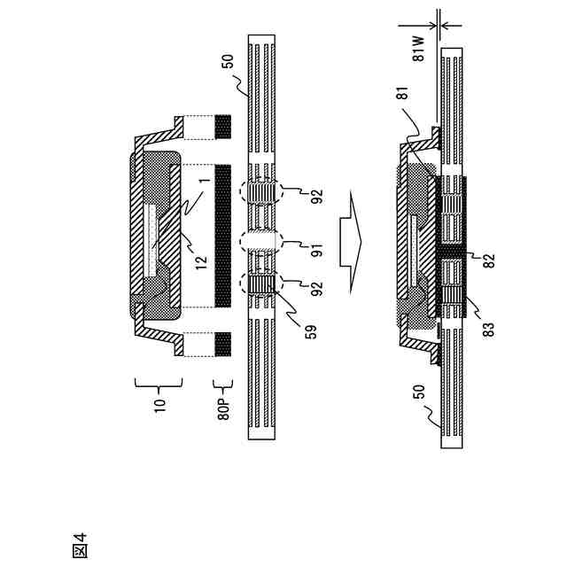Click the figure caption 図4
(x=80, y=544)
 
